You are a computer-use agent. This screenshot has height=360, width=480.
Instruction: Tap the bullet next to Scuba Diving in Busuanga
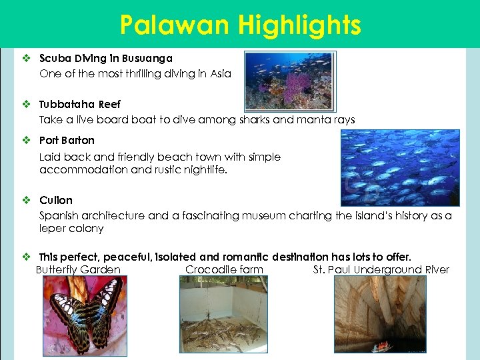pos(27,59)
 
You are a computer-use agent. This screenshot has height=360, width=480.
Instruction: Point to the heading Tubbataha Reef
pos(80,105)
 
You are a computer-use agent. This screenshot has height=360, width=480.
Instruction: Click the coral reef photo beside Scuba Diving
pos(289,81)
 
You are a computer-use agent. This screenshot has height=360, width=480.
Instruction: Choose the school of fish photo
pos(399,166)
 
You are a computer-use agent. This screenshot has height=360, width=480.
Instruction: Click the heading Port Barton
pos(67,141)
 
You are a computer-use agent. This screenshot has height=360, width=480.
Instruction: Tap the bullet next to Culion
pos(27,201)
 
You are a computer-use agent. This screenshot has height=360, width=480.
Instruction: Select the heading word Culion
pos(56,201)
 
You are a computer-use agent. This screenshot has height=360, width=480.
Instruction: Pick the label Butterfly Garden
pos(78,270)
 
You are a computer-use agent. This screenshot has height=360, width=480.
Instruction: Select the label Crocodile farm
pos(224,270)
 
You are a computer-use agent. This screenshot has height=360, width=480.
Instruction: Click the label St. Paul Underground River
pos(381,270)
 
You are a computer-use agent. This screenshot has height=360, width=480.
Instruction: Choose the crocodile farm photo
pos(223,314)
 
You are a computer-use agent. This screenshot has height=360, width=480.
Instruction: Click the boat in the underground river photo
pos(382,346)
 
